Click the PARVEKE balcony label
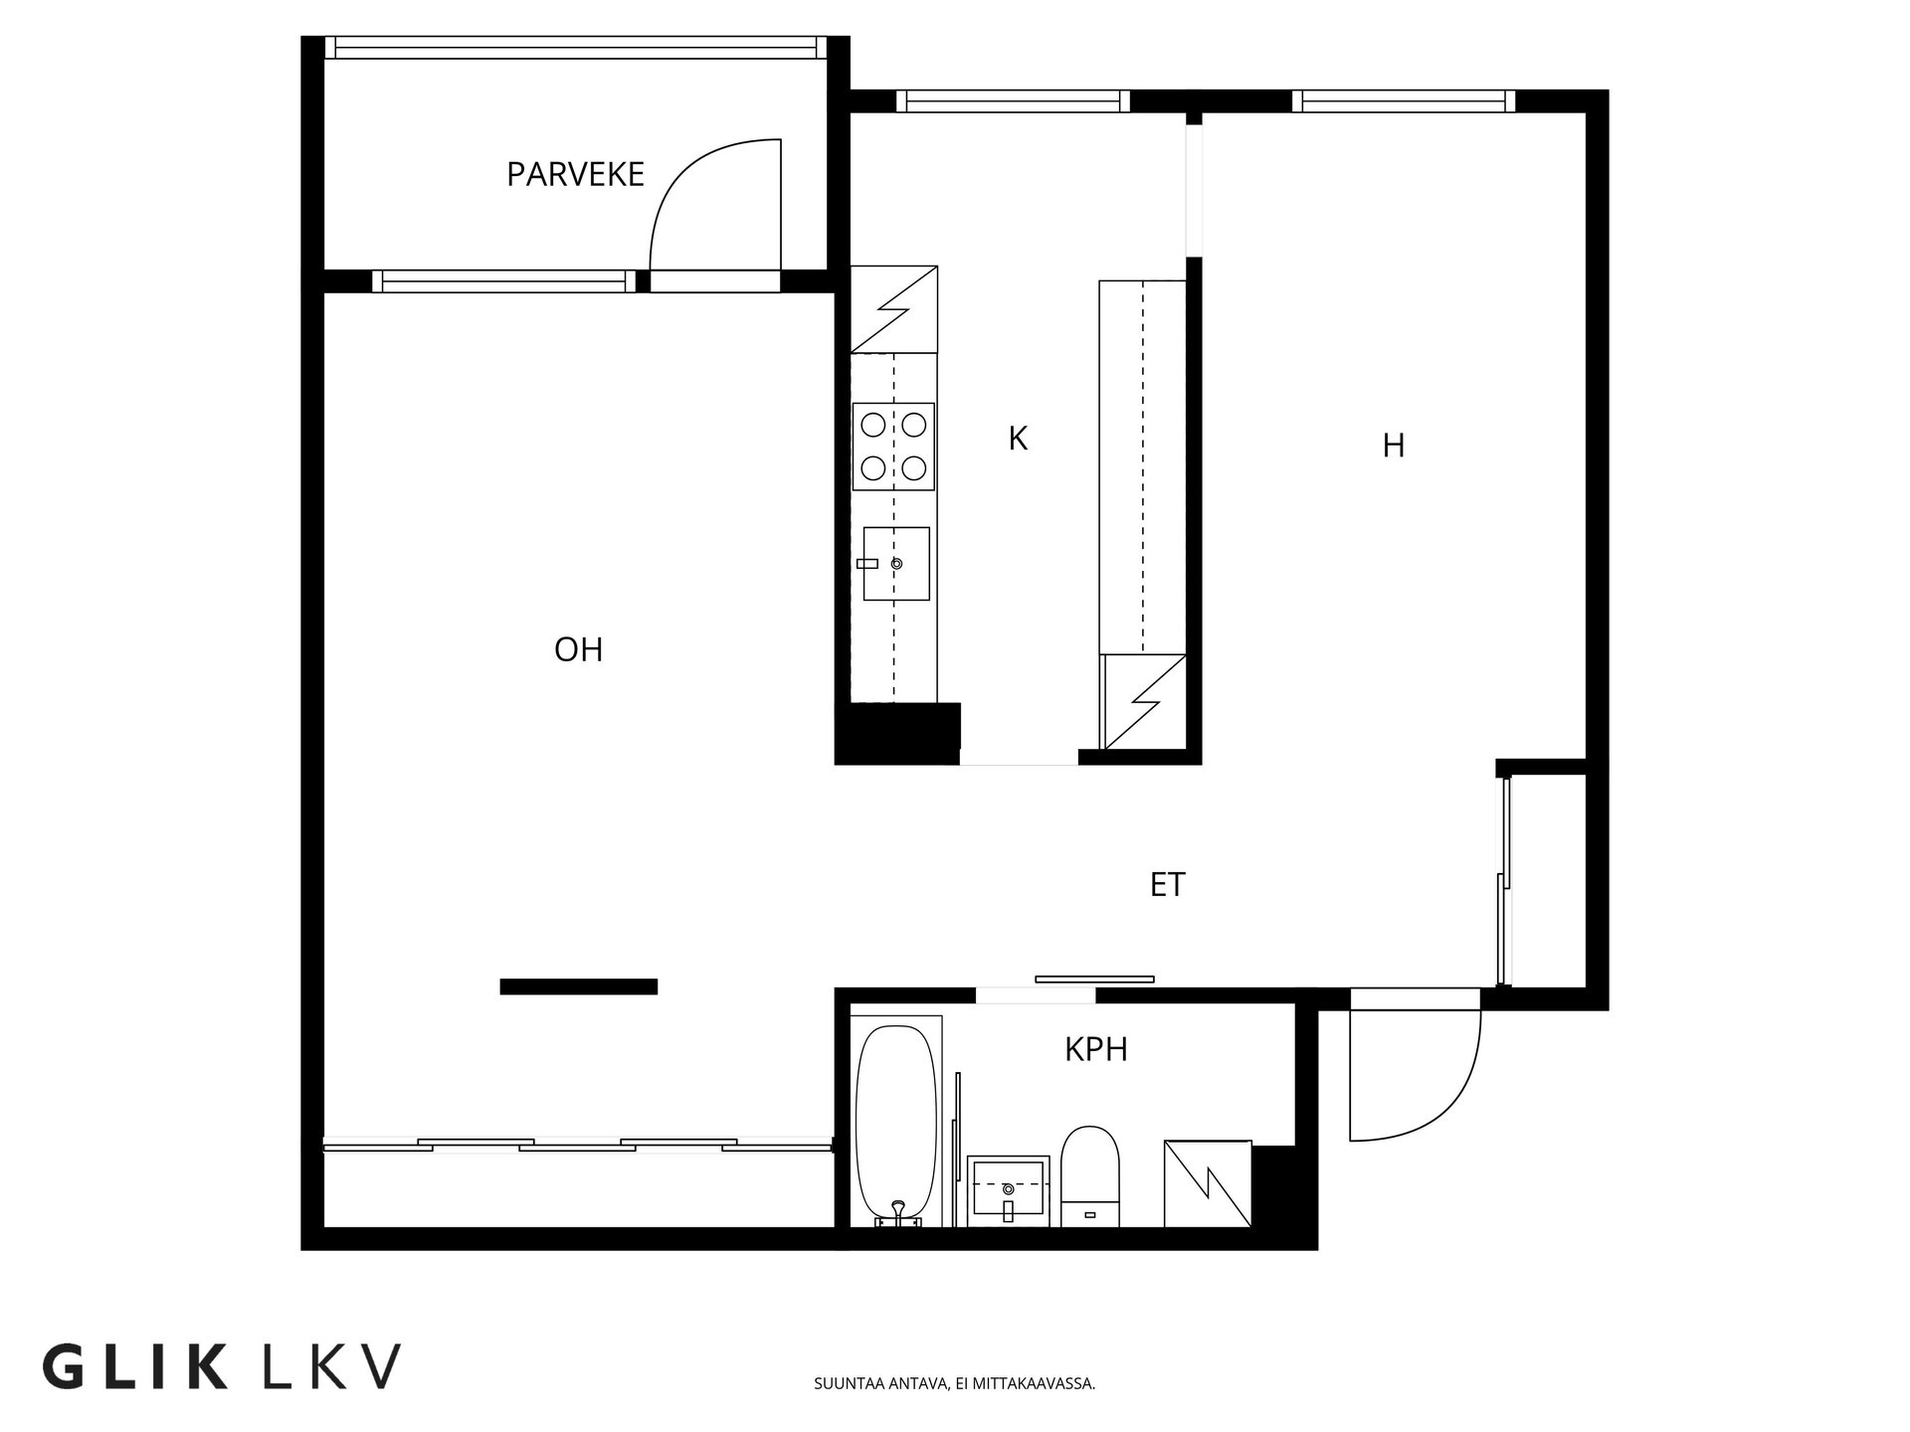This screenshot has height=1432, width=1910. pyautogui.click(x=575, y=175)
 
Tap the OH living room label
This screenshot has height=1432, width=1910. pyautogui.click(x=578, y=650)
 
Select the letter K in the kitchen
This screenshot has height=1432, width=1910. pyautogui.click(x=1017, y=439)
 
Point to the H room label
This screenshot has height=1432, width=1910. pyautogui.click(x=1393, y=447)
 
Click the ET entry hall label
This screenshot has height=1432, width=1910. pyautogui.click(x=1167, y=885)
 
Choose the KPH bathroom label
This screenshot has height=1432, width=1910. pyautogui.click(x=1095, y=1050)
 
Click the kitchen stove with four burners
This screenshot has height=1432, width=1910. pyautogui.click(x=893, y=447)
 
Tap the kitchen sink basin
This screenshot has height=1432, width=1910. pyautogui.click(x=896, y=564)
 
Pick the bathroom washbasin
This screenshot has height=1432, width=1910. pyautogui.click(x=1008, y=1189)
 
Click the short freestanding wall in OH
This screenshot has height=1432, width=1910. pyautogui.click(x=578, y=986)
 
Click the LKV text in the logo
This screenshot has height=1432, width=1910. pyautogui.click(x=331, y=1367)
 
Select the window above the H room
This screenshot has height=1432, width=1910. pyautogui.click(x=1403, y=100)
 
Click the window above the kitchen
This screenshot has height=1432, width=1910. pyautogui.click(x=1013, y=100)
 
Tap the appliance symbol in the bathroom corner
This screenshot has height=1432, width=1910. pyautogui.click(x=1207, y=1183)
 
